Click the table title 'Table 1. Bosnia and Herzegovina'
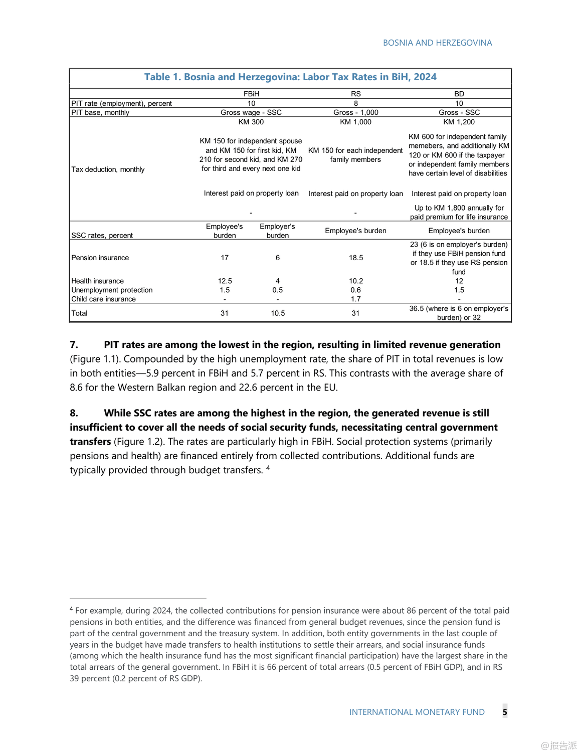290,77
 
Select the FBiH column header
251,94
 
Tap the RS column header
356,94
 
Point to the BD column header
459,94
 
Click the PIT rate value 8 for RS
356,103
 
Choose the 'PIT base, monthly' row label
100,112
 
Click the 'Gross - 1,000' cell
356,112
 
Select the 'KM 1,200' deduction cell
459,122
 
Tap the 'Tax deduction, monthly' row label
108,169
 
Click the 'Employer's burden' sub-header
278,231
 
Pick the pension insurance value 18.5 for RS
356,258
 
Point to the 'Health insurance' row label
97,281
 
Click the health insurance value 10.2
356,281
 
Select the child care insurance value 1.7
356,299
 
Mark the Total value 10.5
278,313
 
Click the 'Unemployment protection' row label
112,290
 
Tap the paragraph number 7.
74,345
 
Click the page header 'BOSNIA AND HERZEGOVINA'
437,43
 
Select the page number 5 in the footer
505,712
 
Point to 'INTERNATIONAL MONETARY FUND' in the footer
417,712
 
